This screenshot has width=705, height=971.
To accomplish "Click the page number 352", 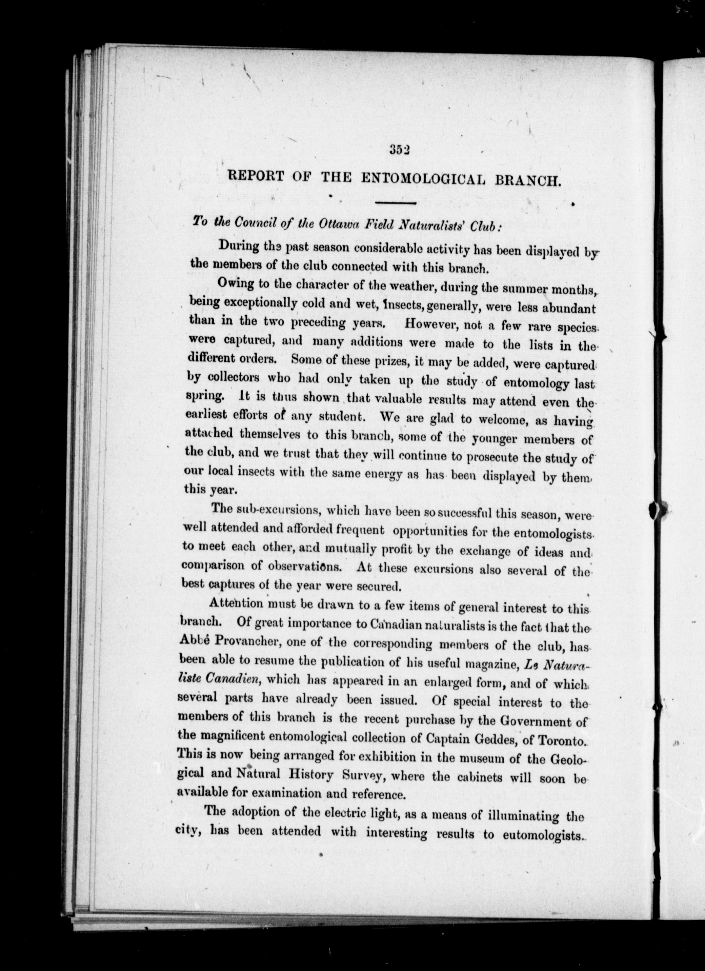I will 400,150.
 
